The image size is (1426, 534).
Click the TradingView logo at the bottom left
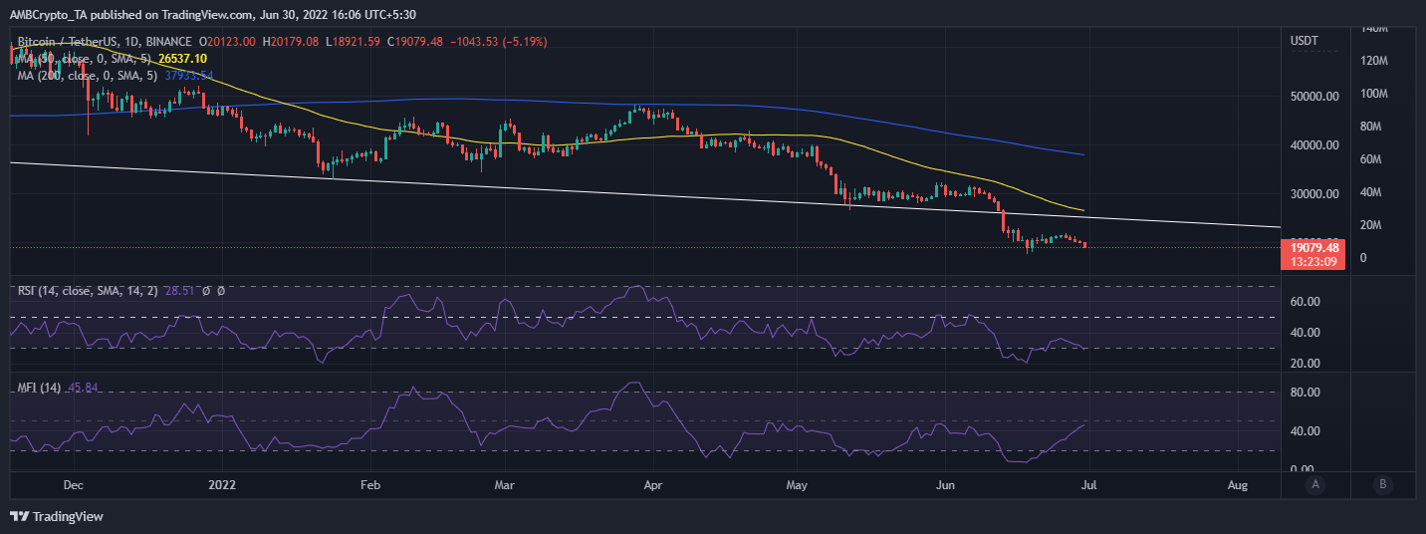tap(57, 517)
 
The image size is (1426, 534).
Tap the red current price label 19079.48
tap(1313, 246)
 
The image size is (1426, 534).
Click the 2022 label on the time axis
tap(222, 485)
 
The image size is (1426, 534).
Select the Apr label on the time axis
tap(653, 485)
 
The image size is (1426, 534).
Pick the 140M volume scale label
tap(1373, 29)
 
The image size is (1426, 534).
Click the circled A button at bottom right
tap(1315, 485)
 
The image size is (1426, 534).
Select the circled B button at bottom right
tap(1382, 485)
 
